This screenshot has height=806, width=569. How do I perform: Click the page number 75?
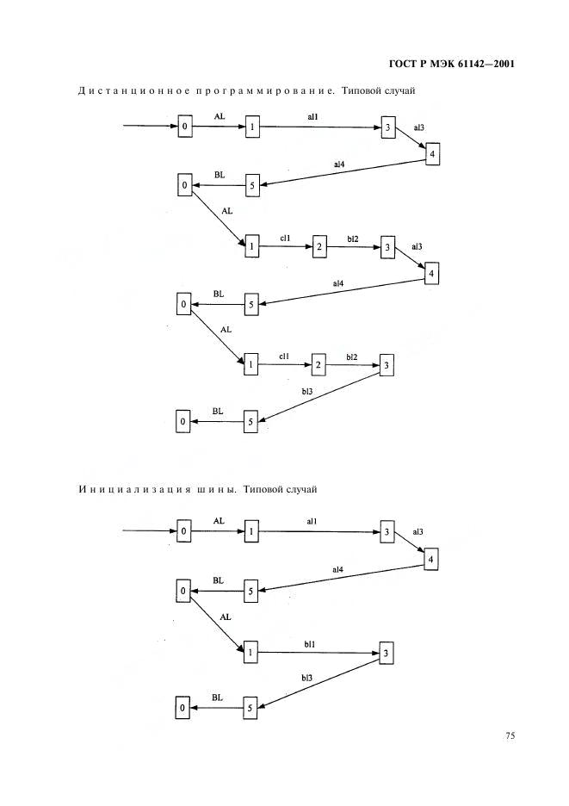click(510, 735)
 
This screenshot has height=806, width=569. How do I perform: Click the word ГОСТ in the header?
click(402, 65)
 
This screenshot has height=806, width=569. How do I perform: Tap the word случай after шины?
click(302, 489)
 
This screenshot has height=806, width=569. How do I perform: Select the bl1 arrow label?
click(309, 644)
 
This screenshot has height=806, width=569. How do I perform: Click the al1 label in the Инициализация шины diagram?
click(312, 521)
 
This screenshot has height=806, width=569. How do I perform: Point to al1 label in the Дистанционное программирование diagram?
click(312, 117)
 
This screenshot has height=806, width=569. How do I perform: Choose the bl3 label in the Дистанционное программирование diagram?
click(306, 392)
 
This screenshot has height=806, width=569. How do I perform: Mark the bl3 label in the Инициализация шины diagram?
click(306, 678)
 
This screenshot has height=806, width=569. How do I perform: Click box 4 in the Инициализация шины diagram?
click(430, 559)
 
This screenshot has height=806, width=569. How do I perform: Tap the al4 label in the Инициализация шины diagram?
click(337, 569)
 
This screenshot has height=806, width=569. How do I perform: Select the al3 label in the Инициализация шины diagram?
click(417, 532)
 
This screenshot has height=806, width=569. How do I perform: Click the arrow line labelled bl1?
click(319, 653)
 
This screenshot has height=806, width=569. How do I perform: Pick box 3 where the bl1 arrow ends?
click(386, 654)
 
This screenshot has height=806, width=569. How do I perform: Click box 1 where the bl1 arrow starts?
click(250, 653)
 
